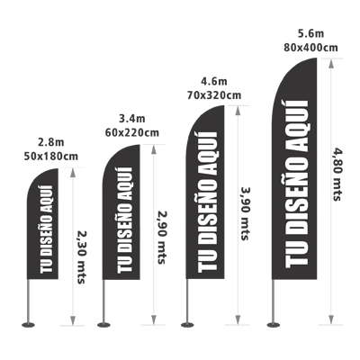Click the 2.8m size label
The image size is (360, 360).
click(x=51, y=142)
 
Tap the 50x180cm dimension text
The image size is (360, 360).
click(x=51, y=157)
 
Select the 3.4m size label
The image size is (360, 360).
click(x=132, y=119)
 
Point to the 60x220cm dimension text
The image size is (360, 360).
click(x=132, y=132)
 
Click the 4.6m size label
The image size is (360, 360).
click(x=214, y=81)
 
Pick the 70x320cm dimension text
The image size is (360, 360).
click(x=214, y=95)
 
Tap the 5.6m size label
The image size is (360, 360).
click(x=310, y=33)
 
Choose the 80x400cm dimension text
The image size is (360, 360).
click(x=310, y=48)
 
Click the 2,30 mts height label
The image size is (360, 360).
click(x=81, y=257)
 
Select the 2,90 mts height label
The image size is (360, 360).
click(x=162, y=238)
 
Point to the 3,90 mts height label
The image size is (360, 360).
click(x=246, y=213)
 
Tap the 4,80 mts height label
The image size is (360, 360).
click(x=337, y=175)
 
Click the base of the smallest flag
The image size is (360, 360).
click(x=29, y=325)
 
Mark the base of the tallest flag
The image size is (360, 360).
click(x=274, y=325)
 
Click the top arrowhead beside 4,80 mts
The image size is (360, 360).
click(x=331, y=64)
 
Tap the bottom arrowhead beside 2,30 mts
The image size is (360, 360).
click(x=73, y=319)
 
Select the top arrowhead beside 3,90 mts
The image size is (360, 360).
click(x=238, y=111)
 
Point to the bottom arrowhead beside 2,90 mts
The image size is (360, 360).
click(x=153, y=319)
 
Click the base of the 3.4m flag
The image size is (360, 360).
click(x=103, y=325)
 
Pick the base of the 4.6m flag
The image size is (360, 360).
click(x=187, y=325)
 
